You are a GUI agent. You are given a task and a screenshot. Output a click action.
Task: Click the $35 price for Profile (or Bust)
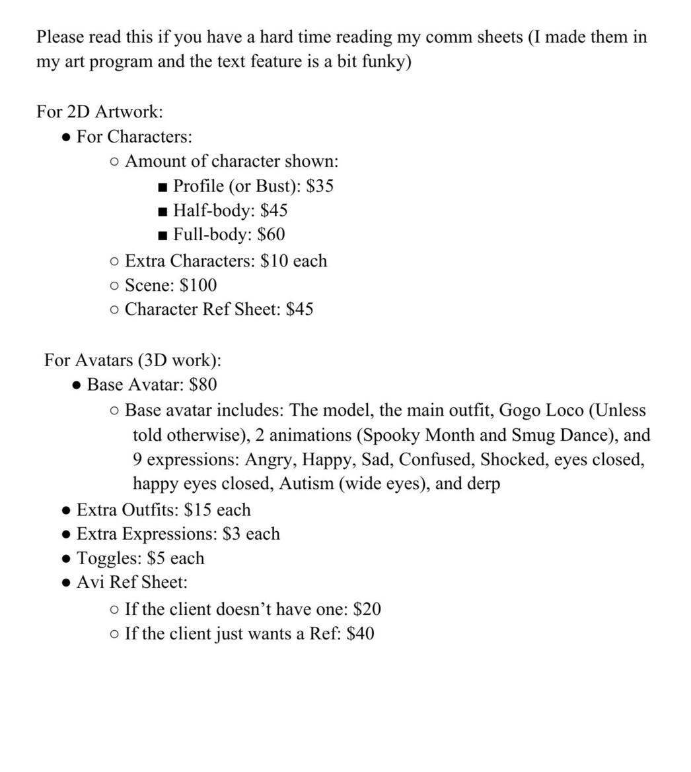(320, 186)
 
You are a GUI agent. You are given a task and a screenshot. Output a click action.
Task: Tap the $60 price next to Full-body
(272, 235)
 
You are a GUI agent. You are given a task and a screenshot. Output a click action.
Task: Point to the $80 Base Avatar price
(203, 385)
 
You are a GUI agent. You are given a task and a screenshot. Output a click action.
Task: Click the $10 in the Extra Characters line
(274, 261)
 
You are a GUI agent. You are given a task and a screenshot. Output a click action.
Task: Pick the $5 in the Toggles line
(156, 558)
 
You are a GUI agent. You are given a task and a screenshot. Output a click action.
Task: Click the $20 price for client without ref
(367, 609)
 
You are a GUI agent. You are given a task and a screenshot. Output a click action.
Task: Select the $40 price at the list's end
(361, 633)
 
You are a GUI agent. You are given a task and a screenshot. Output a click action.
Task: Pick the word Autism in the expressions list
(307, 484)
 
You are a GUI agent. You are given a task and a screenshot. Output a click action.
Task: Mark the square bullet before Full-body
(163, 236)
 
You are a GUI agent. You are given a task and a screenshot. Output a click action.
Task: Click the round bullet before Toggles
(66, 559)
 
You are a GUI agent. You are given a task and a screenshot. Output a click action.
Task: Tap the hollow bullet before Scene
(115, 286)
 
